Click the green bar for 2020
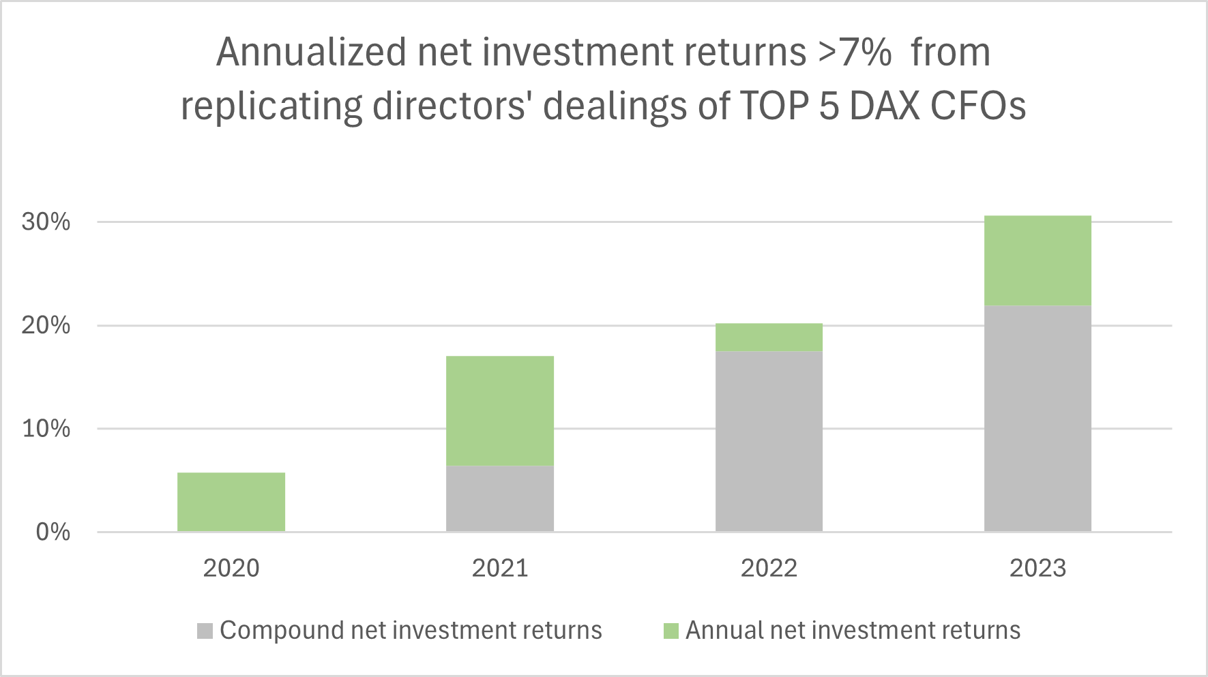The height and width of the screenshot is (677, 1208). coord(231,502)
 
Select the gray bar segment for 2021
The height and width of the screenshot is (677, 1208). coord(500,498)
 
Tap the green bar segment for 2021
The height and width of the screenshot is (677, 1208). coord(500,410)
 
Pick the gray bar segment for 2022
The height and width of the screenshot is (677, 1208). coord(769,441)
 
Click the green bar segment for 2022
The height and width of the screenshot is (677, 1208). coord(769,337)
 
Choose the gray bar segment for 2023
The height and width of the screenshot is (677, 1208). coord(1037,419)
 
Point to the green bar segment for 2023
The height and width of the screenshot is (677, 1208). coord(1037,260)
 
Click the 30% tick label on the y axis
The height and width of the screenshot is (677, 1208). coord(46,222)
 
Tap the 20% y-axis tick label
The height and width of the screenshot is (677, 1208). coord(46,325)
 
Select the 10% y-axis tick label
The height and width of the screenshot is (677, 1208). coord(46,429)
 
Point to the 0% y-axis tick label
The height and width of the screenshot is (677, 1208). coord(53,532)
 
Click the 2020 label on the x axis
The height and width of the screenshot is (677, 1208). coord(231,568)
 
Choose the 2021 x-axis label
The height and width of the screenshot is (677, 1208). coord(500,568)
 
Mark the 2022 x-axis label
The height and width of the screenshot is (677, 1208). coord(769,568)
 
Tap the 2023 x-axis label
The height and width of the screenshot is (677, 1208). coord(1037,568)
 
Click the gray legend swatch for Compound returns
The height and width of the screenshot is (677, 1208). coord(205,631)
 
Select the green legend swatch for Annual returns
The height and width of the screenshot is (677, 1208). coord(671,631)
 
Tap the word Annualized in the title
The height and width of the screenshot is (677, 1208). coord(311,52)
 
